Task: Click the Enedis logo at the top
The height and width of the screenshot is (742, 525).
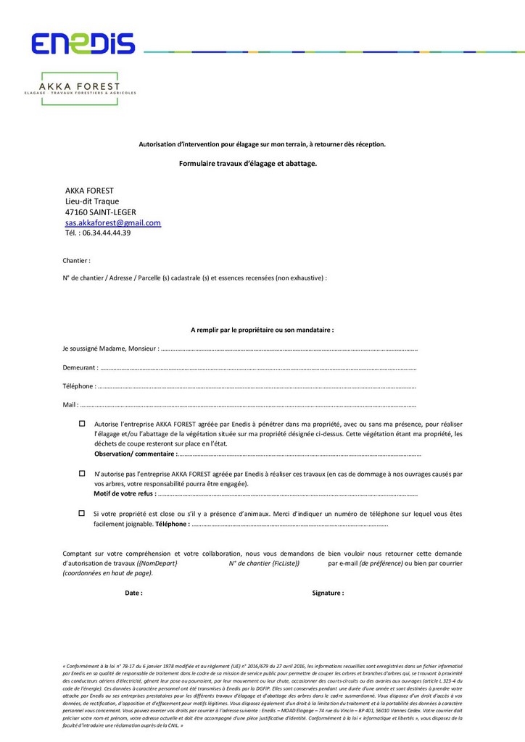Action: click(x=83, y=43)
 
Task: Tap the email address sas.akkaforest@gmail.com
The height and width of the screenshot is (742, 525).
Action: click(x=113, y=223)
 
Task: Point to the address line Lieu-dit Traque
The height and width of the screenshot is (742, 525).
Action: click(x=92, y=201)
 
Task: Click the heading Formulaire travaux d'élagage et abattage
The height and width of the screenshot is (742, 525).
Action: click(x=248, y=164)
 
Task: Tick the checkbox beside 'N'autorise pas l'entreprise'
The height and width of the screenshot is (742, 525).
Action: click(x=82, y=472)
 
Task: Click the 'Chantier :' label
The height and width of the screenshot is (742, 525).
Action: click(x=77, y=259)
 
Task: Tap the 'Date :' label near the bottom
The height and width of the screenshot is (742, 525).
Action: click(x=133, y=593)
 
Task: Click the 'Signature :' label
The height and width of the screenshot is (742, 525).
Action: click(x=328, y=593)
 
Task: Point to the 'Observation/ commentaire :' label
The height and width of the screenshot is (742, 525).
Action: click(x=136, y=454)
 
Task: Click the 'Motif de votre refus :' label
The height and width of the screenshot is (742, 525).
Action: click(x=125, y=493)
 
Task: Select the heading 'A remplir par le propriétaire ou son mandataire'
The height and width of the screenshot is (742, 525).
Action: click(x=262, y=330)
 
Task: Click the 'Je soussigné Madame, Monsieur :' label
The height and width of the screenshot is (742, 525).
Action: click(x=111, y=349)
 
